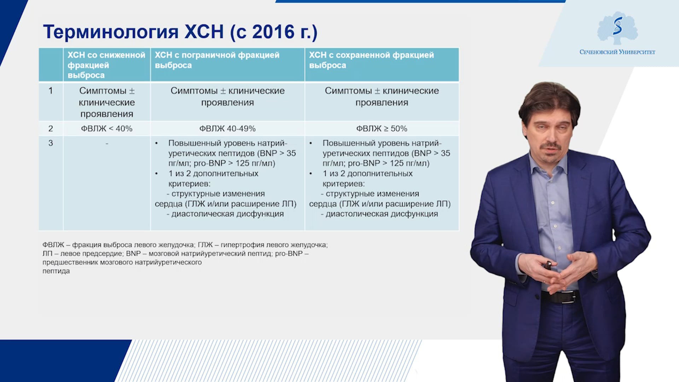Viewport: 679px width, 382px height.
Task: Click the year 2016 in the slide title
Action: point(273,32)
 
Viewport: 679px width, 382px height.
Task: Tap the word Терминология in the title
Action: point(111,33)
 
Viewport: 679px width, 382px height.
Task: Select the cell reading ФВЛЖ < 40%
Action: point(107,129)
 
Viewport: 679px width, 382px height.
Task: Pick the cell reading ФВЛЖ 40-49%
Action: point(227,129)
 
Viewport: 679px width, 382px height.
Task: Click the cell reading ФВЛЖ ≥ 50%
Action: point(382,129)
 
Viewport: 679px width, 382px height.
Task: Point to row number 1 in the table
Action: point(51,91)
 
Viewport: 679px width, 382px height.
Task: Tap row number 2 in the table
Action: point(51,129)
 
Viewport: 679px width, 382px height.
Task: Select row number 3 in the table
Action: point(51,143)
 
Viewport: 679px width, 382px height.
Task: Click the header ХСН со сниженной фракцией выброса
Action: point(106,65)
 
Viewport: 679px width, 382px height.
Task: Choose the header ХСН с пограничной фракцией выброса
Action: point(217,60)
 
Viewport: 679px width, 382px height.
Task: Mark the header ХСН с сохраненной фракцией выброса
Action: point(371,60)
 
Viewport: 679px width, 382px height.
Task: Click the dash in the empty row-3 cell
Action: point(107,144)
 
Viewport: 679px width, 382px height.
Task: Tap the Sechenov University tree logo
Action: point(617,28)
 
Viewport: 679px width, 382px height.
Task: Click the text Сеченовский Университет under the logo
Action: point(617,52)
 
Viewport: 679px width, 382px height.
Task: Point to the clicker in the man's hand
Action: point(548,265)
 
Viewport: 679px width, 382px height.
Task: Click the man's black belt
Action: point(560,296)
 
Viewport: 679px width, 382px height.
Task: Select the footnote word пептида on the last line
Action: point(56,271)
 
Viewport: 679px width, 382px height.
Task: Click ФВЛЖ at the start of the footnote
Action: point(53,245)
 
